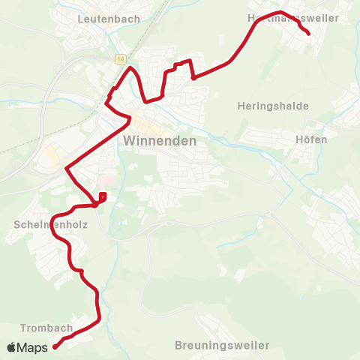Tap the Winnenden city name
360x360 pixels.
pyautogui.click(x=159, y=140)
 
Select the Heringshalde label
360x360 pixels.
pyautogui.click(x=273, y=106)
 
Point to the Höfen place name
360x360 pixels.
pyautogui.click(x=312, y=139)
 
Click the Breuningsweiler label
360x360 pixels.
pyautogui.click(x=221, y=345)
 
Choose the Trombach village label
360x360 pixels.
pyautogui.click(x=46, y=328)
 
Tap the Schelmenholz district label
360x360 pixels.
pyautogui.click(x=43, y=224)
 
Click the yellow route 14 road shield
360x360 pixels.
pyautogui.click(x=120, y=58)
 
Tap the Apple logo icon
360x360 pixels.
pyautogui.click(x=11, y=347)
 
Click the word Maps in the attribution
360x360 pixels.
pyautogui.click(x=33, y=347)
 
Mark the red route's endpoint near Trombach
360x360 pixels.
pyautogui.click(x=55, y=346)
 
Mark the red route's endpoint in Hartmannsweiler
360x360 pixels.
pyautogui.click(x=308, y=33)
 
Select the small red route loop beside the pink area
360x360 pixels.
pyautogui.click(x=102, y=197)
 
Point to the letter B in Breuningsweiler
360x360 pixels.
pyautogui.click(x=178, y=345)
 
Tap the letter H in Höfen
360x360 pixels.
pyautogui.click(x=300, y=139)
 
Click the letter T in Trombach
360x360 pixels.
pyautogui.click(x=24, y=328)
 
